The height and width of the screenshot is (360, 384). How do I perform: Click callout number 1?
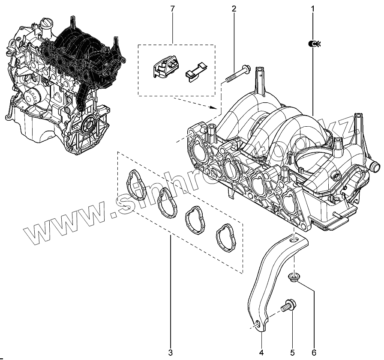(312, 8)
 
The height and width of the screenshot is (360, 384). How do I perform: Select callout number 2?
(234, 8)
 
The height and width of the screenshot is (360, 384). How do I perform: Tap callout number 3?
(170, 352)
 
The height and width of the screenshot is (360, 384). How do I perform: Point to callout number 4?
(261, 352)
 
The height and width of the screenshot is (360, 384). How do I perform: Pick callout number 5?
(292, 352)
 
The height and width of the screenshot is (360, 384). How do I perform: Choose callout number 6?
(314, 352)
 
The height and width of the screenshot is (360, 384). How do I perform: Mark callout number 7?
(172, 8)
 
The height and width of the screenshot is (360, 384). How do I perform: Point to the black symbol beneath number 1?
(313, 43)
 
